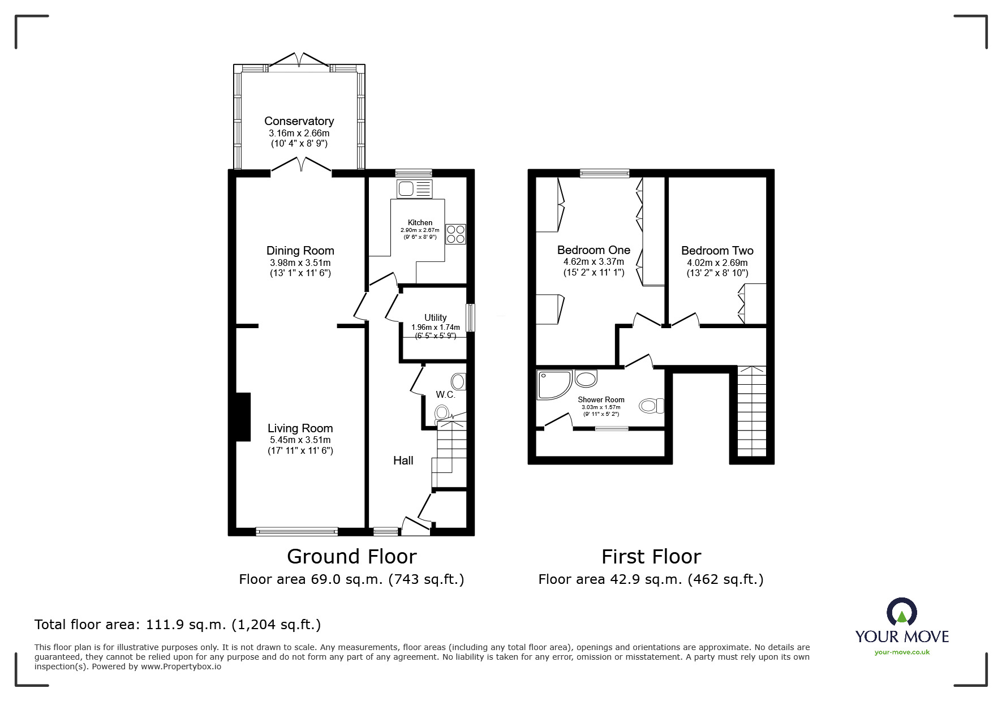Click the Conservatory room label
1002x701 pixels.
(299, 121)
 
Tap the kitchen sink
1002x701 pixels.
(415, 188)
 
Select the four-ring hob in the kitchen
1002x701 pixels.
(456, 234)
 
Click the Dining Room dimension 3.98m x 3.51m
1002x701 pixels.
(300, 263)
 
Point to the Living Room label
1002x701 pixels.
(300, 428)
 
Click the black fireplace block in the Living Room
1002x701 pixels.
(243, 416)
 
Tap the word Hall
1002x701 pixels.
(403, 461)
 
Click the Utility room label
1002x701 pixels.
(435, 317)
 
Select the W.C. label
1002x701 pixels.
(445, 394)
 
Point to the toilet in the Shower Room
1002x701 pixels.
(651, 406)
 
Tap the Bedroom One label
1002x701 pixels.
(594, 250)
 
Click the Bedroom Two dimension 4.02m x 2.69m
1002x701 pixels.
(717, 263)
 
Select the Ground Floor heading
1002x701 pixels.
(352, 557)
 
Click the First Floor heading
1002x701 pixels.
(651, 557)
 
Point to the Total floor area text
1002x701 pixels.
(178, 625)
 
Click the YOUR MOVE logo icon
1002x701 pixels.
(901, 612)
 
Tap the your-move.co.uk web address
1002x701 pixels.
(902, 652)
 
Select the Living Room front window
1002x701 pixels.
(297, 531)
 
